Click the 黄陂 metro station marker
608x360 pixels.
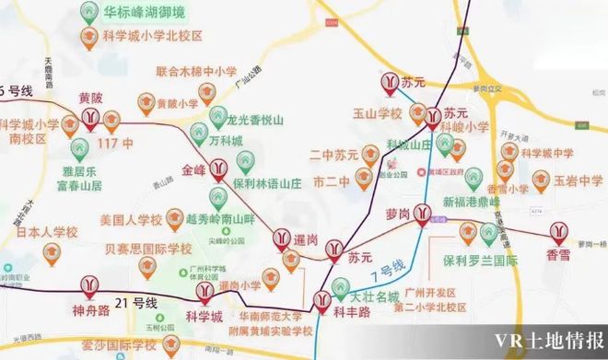coord(90,117)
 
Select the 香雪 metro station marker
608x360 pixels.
coord(558,232)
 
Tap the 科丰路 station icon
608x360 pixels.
coord(322,300)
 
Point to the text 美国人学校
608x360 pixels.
coord(131,220)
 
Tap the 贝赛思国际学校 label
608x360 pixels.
coord(148,249)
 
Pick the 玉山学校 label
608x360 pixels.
coord(379,114)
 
